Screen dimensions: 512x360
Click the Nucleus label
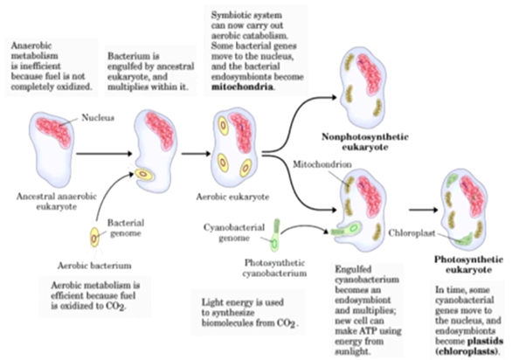point(98,118)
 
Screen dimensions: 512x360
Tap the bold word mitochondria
point(242,87)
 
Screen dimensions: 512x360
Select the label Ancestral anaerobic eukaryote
point(57,202)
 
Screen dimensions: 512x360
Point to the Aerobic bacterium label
point(94,266)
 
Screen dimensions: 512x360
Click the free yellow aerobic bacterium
point(94,238)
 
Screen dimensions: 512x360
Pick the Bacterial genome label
point(126,228)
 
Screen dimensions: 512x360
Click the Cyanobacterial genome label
point(234,232)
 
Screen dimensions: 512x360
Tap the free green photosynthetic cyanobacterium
point(275,236)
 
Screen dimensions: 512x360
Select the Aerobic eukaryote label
point(232,197)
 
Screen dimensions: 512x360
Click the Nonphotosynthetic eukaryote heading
point(365,142)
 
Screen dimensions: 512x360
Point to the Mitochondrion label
point(322,164)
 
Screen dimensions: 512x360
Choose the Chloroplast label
point(412,233)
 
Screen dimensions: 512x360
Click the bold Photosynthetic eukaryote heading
point(468,265)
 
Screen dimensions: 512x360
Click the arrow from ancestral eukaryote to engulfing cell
point(105,154)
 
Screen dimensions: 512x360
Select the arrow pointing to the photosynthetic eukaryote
point(424,210)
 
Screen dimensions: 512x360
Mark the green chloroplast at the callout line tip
point(464,239)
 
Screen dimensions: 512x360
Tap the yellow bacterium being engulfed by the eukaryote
point(144,175)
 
